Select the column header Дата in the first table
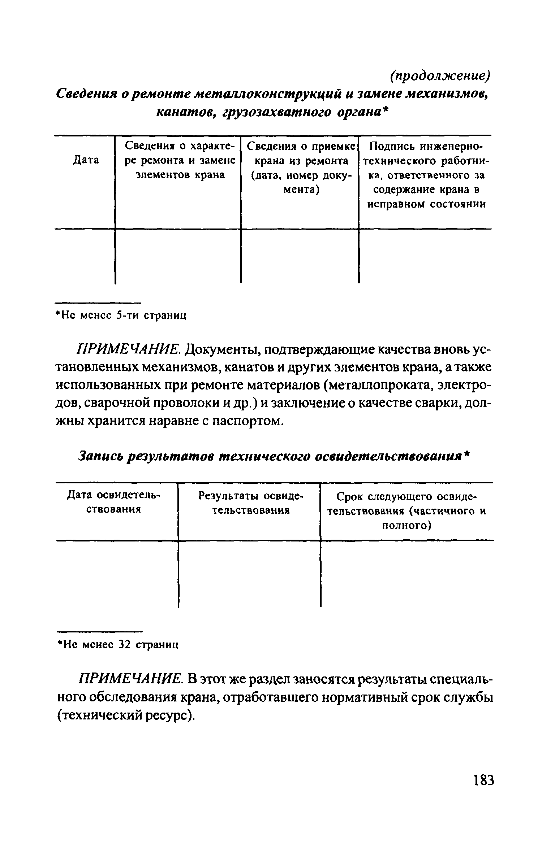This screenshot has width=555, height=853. click(x=86, y=160)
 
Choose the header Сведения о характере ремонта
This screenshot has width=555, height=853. click(x=180, y=160)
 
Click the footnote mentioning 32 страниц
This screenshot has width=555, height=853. click(x=118, y=644)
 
